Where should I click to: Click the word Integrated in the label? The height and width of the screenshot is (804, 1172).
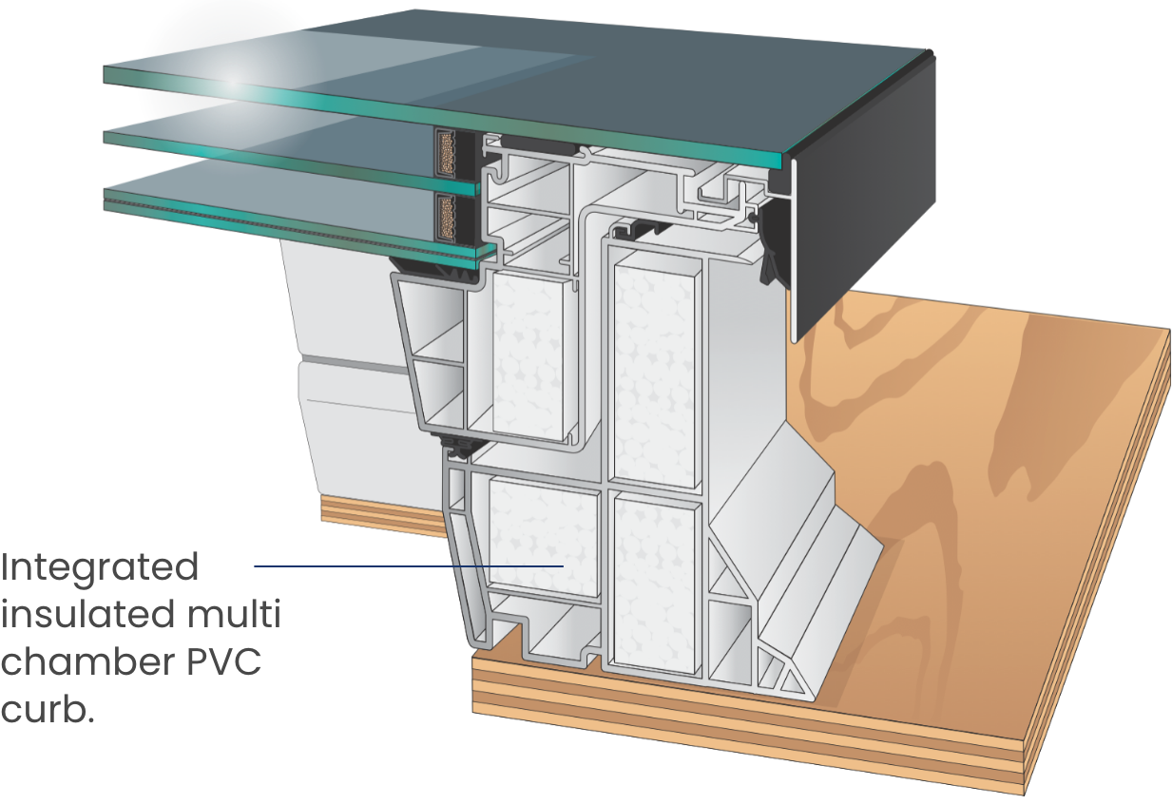click(x=99, y=567)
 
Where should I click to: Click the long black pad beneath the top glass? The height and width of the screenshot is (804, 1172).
click(x=538, y=148)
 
